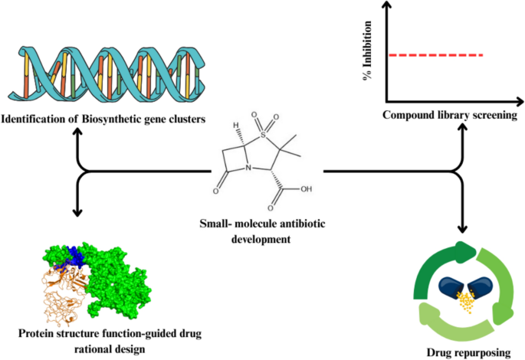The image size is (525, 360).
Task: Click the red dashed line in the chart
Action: [x=435, y=55]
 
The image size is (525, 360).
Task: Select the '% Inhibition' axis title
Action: [x=367, y=51]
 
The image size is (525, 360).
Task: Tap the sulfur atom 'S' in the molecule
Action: [x=263, y=135]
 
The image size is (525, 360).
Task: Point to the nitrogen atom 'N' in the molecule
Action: [x=248, y=167]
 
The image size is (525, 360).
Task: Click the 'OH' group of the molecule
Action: [x=306, y=189]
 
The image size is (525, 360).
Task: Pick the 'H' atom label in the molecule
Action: [x=236, y=126]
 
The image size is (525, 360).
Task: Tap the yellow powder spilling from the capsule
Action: [x=466, y=302]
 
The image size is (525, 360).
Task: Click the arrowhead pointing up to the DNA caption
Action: [x=77, y=132]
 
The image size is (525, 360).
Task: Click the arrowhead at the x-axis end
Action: [x=520, y=102]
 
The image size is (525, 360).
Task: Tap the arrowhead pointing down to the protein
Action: [x=77, y=212]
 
